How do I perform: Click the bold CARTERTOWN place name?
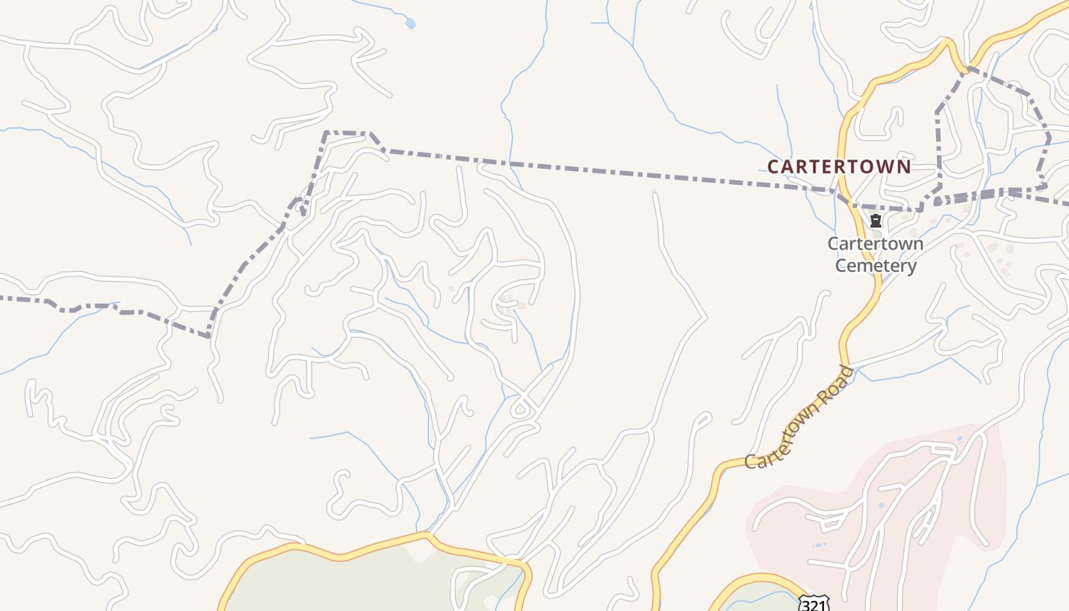point(838,166)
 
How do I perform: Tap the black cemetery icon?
point(876,221)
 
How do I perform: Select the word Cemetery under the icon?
point(875,266)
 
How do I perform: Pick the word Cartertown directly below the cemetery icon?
point(875,244)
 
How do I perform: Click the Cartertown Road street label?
point(799,419)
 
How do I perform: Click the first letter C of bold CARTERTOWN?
point(773,166)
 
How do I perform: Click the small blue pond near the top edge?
point(410,24)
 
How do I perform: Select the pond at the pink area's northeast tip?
point(959,439)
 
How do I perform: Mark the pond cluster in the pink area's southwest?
point(819,545)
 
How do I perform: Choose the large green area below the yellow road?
point(344,580)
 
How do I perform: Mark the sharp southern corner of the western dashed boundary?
point(208,335)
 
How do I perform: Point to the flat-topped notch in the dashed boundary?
point(348,133)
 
